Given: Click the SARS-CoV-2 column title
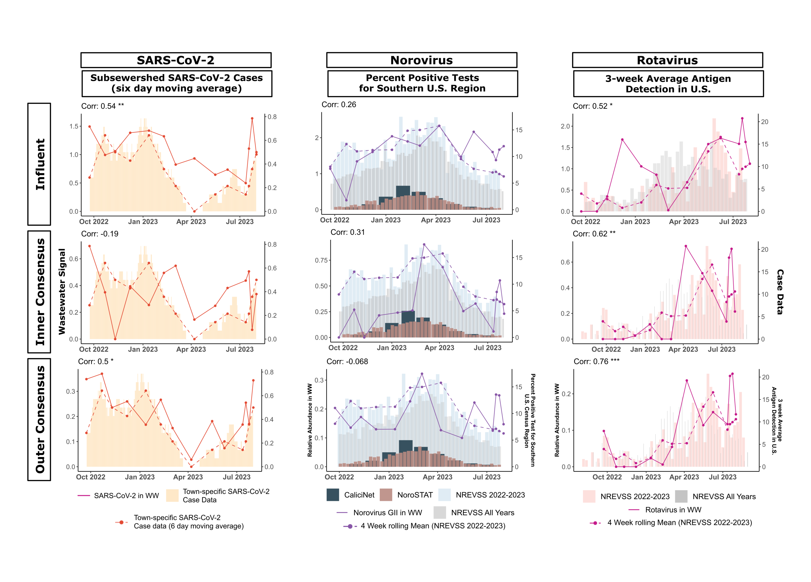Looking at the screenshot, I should point(176,60).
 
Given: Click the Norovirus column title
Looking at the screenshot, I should point(421,60).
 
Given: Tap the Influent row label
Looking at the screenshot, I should point(40,164).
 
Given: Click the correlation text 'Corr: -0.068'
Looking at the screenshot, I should point(347,361).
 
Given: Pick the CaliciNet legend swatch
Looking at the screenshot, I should point(332,495).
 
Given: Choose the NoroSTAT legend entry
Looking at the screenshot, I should point(415,495).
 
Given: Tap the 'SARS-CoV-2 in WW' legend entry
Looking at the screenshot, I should point(126,495).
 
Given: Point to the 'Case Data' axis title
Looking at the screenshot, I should point(780,292).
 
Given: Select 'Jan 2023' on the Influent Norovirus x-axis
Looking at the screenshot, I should point(385,220).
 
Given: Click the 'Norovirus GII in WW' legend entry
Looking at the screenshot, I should point(387,513).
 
